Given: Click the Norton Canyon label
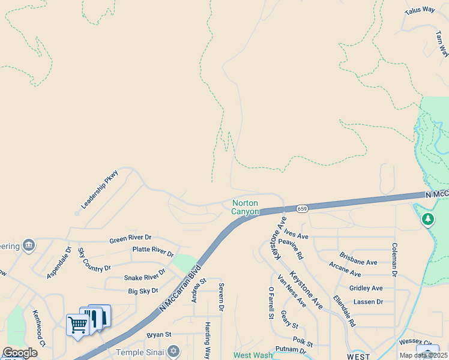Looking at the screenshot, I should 245,208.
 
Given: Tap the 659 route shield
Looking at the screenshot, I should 302,209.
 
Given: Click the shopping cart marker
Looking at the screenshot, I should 77,325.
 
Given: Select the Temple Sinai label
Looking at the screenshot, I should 139,352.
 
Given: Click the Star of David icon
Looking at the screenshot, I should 173,351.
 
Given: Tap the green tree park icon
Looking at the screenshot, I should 427,220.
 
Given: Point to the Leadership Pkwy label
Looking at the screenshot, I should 100,189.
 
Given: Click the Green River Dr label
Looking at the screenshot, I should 130,239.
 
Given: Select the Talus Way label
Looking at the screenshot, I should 419,10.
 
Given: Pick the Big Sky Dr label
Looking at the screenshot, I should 143,291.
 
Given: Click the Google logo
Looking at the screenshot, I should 20,353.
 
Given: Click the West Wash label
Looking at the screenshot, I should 253,355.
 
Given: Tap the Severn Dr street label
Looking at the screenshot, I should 221,296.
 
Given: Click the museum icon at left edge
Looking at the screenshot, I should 28,245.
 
